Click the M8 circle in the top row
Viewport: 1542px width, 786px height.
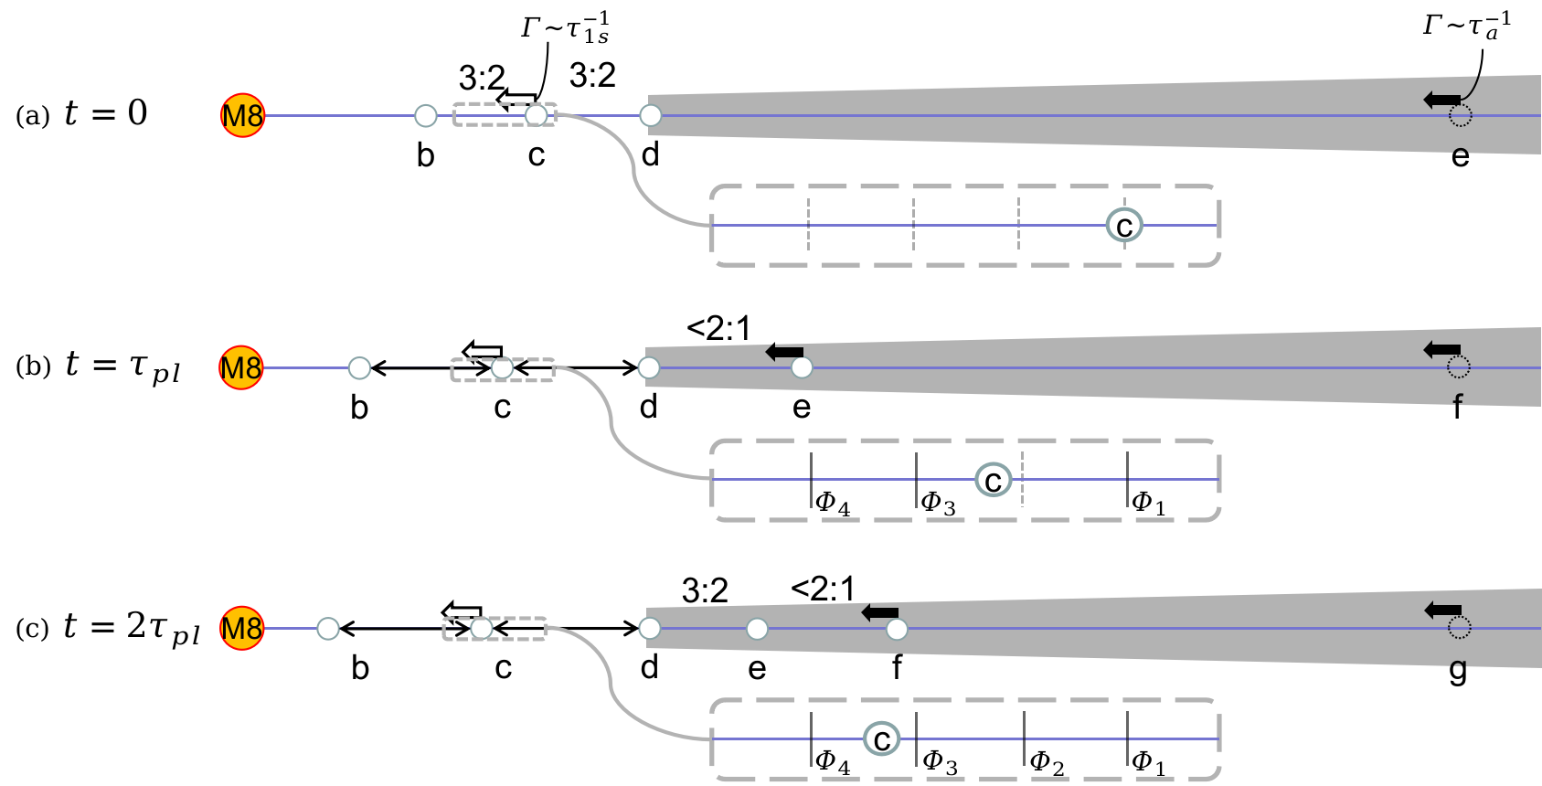click(243, 116)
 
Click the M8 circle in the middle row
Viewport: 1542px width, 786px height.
click(241, 367)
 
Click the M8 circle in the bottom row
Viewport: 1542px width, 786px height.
click(242, 628)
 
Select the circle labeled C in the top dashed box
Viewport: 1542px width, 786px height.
click(1124, 225)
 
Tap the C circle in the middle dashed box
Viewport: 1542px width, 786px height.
click(994, 480)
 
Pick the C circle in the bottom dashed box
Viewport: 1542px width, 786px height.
click(882, 739)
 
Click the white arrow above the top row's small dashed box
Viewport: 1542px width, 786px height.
click(516, 100)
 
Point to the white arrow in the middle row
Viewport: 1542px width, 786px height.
click(483, 352)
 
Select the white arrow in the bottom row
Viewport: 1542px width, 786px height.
click(462, 612)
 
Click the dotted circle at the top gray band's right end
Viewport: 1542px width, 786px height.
click(1460, 116)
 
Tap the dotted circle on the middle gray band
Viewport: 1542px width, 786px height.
click(1459, 367)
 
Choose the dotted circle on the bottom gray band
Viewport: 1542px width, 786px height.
click(1460, 628)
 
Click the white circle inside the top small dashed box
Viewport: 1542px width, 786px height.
click(537, 115)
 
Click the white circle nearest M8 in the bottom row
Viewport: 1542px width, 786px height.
click(328, 629)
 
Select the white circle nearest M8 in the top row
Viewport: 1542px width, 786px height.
click(426, 115)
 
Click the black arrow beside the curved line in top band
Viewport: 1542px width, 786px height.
click(1441, 100)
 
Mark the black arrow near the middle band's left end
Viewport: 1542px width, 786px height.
click(784, 352)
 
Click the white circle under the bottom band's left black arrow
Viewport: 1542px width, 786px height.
click(897, 629)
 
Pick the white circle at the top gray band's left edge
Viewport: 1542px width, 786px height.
click(651, 115)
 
